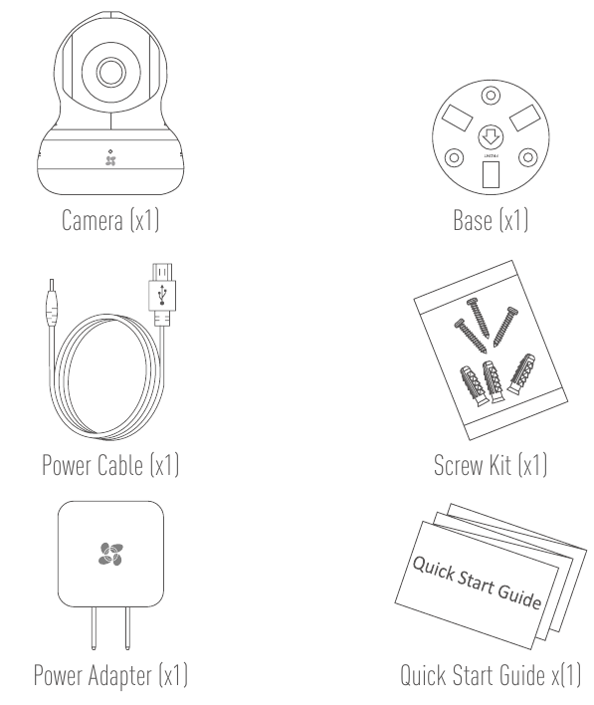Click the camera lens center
(x=110, y=72)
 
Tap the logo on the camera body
(x=110, y=160)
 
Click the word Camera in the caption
(x=93, y=220)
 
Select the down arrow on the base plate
(x=491, y=137)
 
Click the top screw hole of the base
(x=491, y=96)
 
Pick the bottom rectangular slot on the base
(x=491, y=174)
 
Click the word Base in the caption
(x=473, y=220)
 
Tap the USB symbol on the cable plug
(x=162, y=295)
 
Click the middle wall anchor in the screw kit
(x=493, y=381)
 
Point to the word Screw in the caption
(x=459, y=465)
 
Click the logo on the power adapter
(x=110, y=554)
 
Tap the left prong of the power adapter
(x=94, y=628)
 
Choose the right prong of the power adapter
(x=127, y=628)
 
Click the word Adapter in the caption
(x=120, y=676)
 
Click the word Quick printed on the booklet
(x=433, y=568)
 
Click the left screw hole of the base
(x=454, y=157)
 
